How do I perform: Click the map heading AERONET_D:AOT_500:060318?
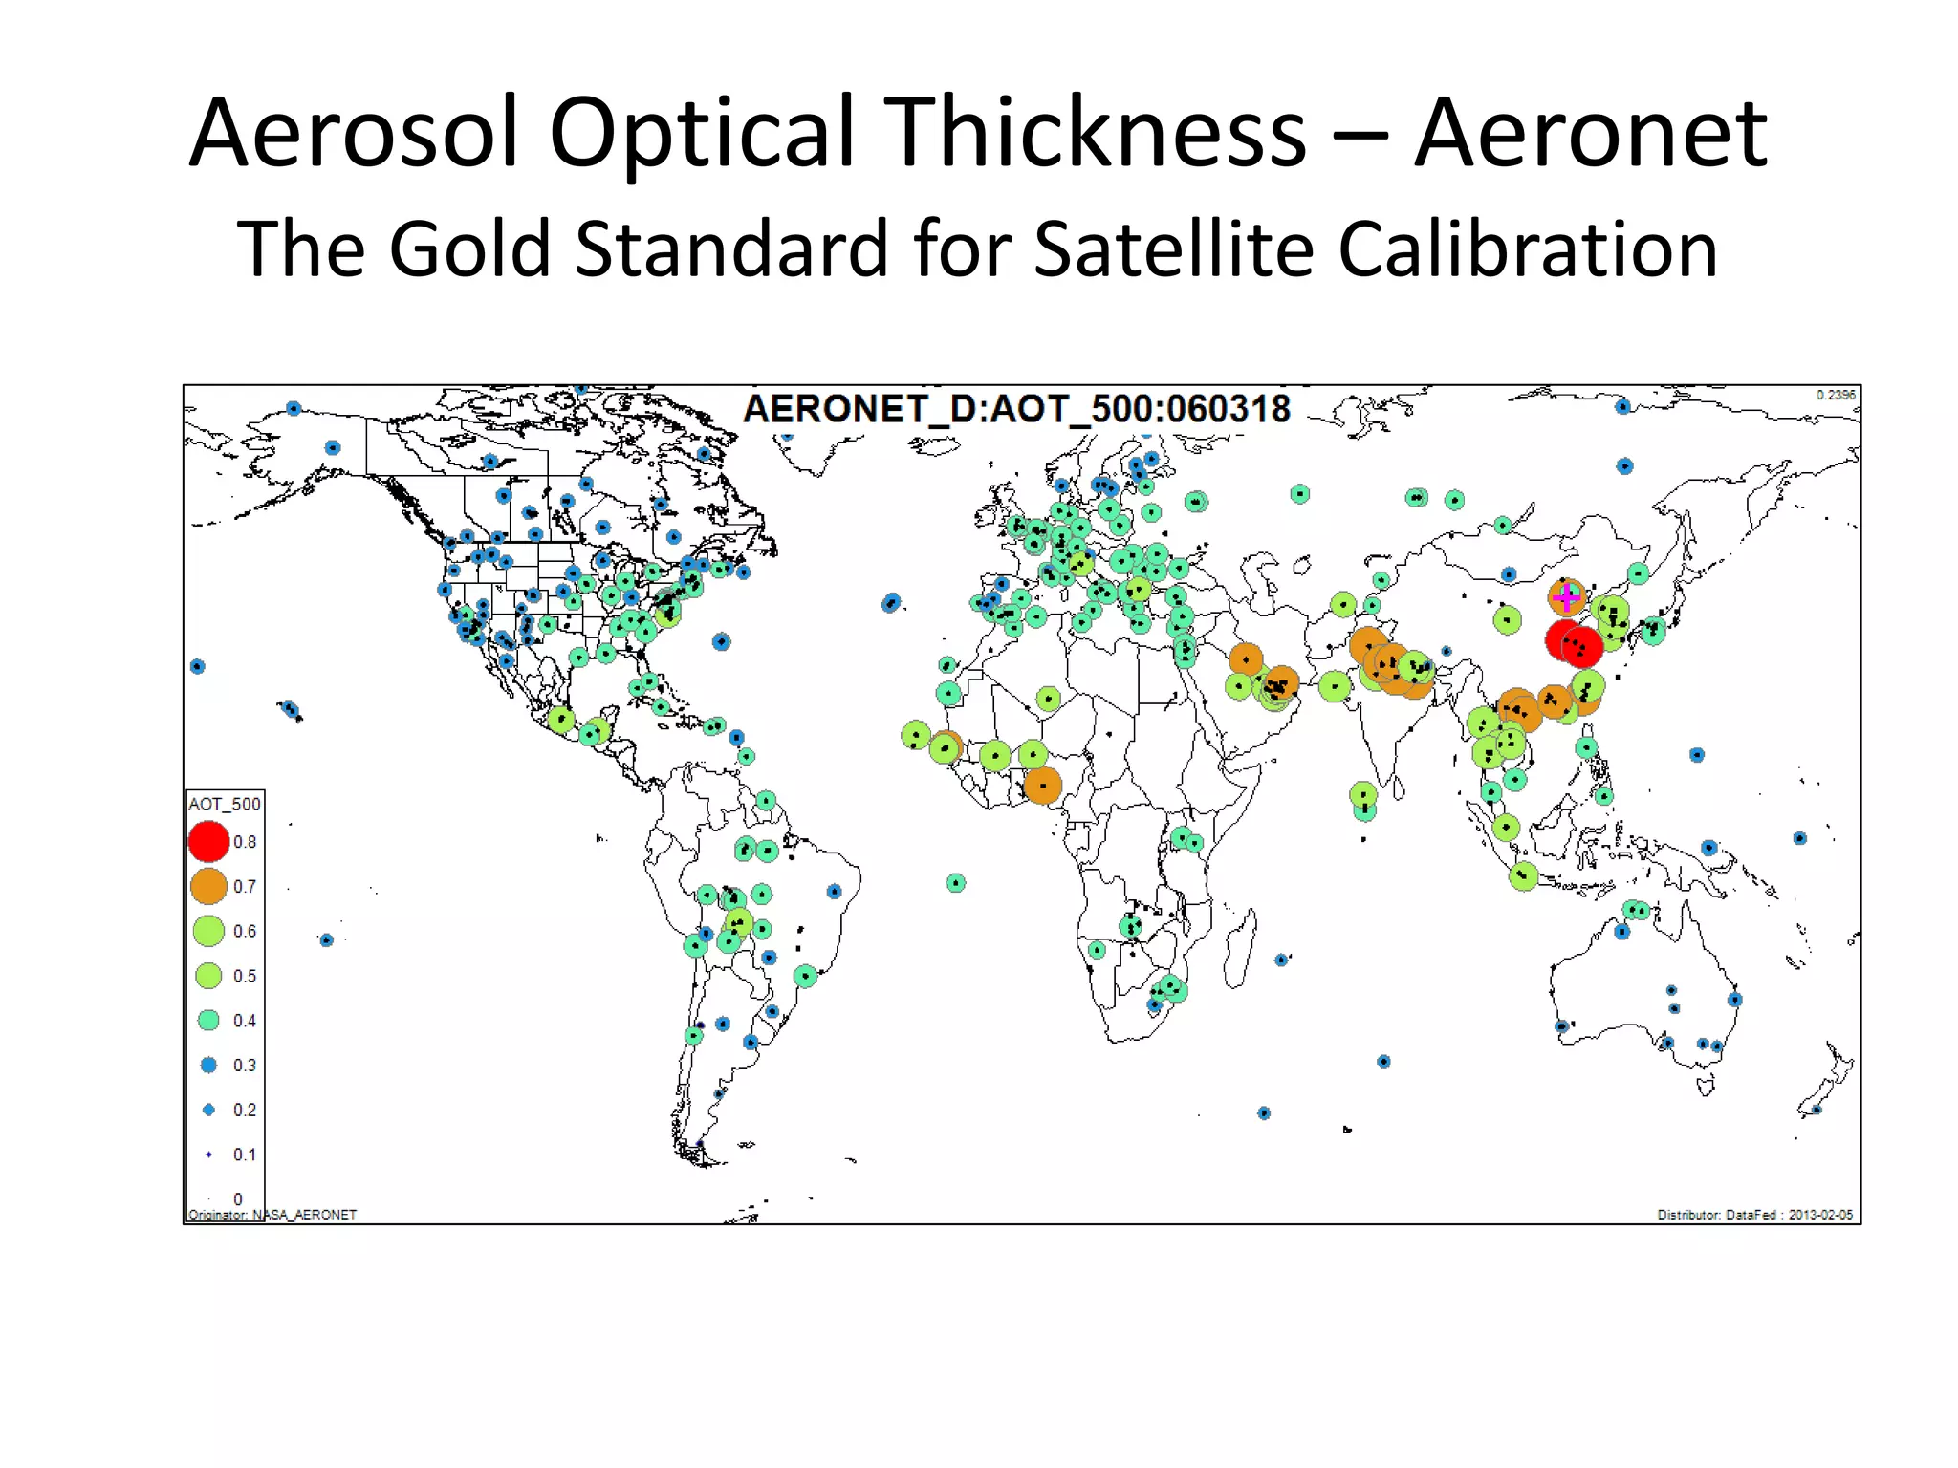coord(1016,409)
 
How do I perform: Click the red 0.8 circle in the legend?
coord(208,842)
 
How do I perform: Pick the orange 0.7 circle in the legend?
coord(208,886)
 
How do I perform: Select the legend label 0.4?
coord(245,1021)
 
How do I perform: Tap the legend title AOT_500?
coord(224,804)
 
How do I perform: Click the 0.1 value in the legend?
coord(245,1155)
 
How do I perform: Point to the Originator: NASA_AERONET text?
coord(272,1215)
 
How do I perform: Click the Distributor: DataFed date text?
coord(1754,1215)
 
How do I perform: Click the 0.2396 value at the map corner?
coord(1835,395)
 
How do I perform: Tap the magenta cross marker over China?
coord(1566,597)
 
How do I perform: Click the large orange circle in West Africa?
coord(1042,786)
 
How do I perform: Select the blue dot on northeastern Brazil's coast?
coord(834,891)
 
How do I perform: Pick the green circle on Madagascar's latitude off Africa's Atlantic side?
coord(956,883)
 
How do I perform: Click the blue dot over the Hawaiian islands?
coord(291,709)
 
